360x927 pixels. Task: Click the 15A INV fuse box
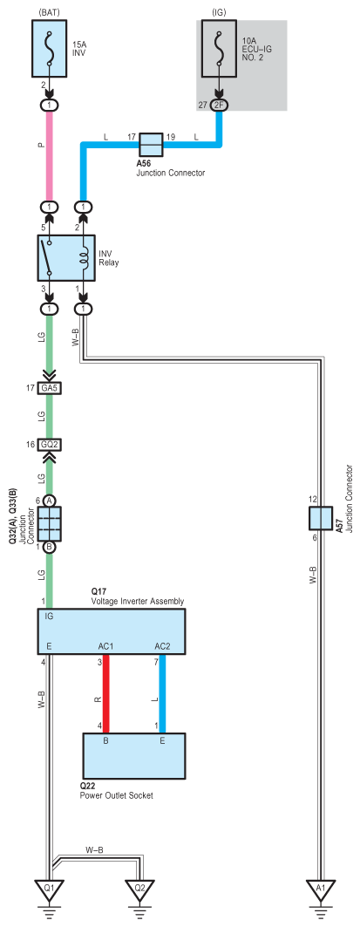click(x=50, y=49)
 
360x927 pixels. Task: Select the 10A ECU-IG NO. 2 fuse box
click(x=220, y=49)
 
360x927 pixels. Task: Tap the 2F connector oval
click(x=220, y=106)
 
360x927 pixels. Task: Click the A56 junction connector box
click(x=151, y=144)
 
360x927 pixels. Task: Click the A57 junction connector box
click(x=321, y=518)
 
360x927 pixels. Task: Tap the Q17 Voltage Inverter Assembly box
click(x=112, y=632)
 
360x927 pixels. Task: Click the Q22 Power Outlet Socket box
click(x=133, y=756)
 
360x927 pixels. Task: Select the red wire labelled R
click(x=106, y=694)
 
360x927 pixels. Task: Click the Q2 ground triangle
click(x=139, y=889)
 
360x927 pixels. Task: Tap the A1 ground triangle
click(x=320, y=889)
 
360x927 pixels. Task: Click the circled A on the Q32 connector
click(x=50, y=501)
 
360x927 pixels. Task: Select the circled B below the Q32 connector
click(x=50, y=547)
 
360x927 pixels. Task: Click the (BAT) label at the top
click(x=50, y=11)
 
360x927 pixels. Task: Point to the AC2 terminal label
click(x=162, y=645)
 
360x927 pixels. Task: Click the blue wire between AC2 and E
click(x=162, y=694)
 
